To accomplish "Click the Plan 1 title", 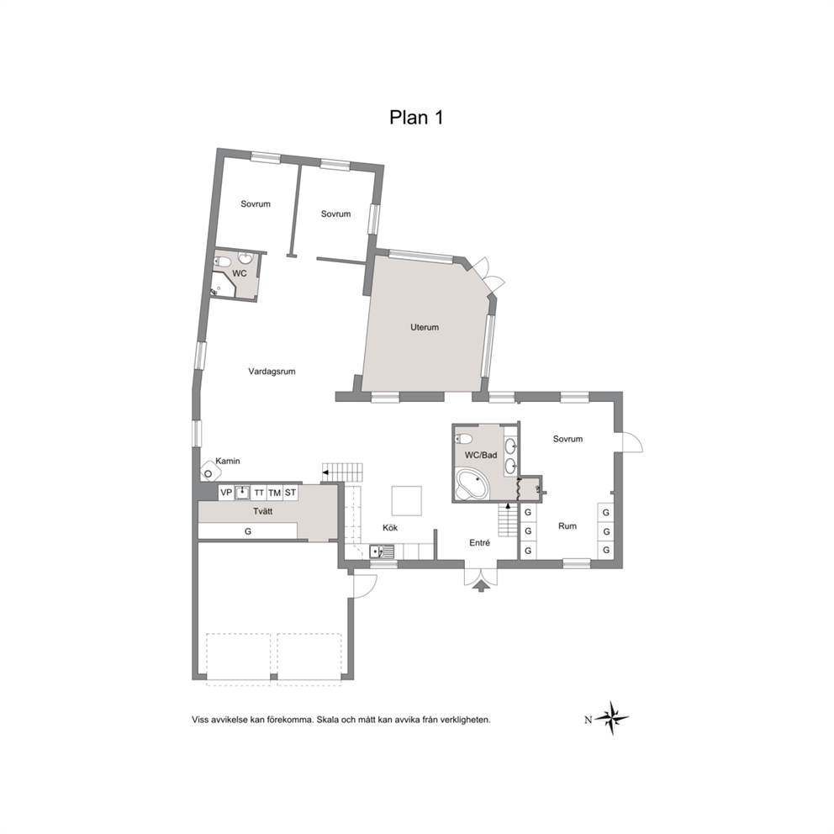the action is [x=416, y=117].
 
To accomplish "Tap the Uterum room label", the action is [x=425, y=327].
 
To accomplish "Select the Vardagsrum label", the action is [x=272, y=372].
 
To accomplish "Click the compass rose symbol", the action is [x=612, y=718].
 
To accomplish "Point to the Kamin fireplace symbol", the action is [x=208, y=472].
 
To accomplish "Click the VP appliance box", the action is [x=226, y=493].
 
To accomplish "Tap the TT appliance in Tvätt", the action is [x=258, y=493].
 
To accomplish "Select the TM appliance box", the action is [x=274, y=493].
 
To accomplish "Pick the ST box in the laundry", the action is [x=290, y=493].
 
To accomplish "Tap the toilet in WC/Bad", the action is [x=463, y=439].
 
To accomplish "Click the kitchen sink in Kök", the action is [x=383, y=552].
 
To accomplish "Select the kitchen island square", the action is [x=407, y=501].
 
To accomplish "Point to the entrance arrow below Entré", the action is [x=481, y=586].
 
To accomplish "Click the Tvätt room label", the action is [x=263, y=511].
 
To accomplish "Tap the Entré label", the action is [x=480, y=542].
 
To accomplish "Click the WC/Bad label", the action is [x=481, y=455].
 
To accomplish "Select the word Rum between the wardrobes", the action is [x=567, y=526].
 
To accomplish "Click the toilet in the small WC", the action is [x=222, y=261].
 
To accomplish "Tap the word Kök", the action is [x=390, y=528].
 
